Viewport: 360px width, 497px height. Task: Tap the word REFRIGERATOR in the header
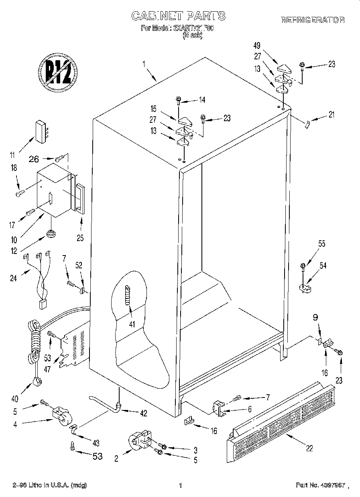pyautogui.click(x=313, y=20)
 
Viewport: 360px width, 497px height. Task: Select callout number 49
pyautogui.click(x=258, y=45)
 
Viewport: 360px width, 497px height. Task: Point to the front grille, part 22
pyautogui.click(x=281, y=417)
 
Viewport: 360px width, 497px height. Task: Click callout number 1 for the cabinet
pyautogui.click(x=144, y=63)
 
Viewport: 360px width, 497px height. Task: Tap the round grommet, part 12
pyautogui.click(x=51, y=233)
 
